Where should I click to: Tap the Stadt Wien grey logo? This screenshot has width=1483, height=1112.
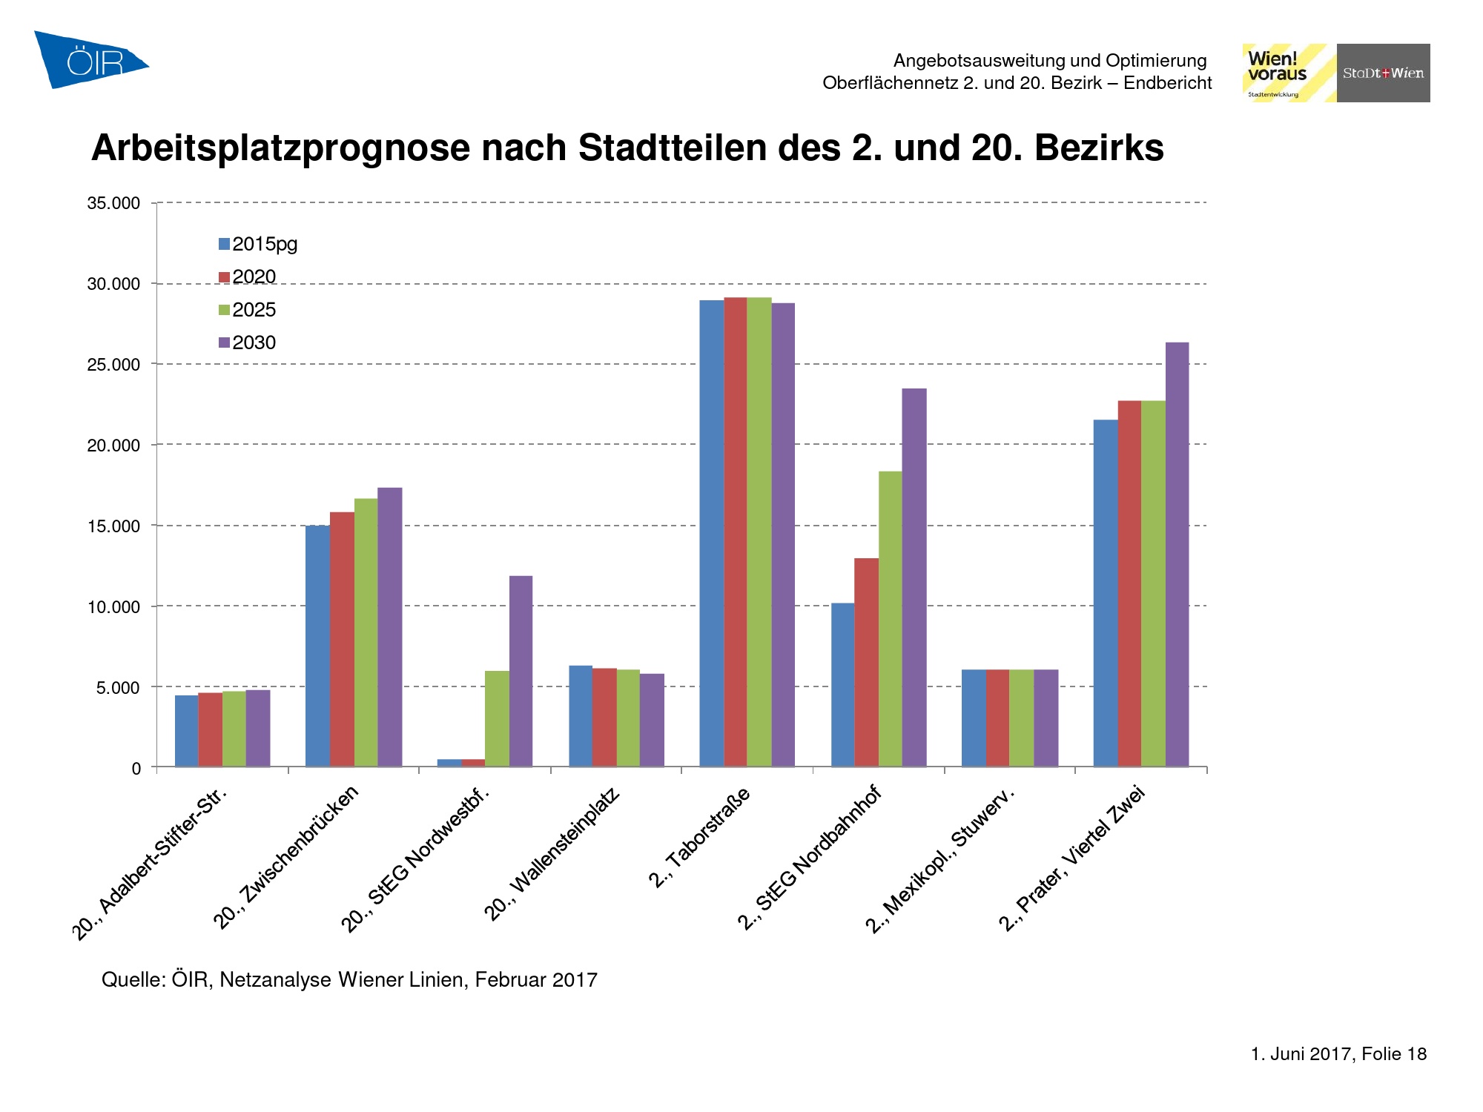[x=1383, y=73]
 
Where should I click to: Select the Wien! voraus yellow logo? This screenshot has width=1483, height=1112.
[x=1289, y=73]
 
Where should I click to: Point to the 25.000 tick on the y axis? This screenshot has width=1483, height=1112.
[x=113, y=365]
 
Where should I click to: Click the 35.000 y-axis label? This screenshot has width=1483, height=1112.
[x=113, y=203]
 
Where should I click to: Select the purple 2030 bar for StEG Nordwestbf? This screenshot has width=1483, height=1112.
[x=521, y=671]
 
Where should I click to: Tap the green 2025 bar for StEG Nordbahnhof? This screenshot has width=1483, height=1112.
[x=890, y=619]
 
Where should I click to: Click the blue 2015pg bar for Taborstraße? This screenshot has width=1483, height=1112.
[x=711, y=533]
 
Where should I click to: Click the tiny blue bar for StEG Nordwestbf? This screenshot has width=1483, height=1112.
[x=449, y=763]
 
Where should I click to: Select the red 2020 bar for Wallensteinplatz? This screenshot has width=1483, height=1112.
[x=604, y=717]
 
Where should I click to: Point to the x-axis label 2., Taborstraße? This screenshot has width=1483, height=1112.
[x=699, y=838]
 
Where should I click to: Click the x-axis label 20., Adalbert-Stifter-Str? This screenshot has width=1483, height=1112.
[x=149, y=864]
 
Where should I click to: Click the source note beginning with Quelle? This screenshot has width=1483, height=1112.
[x=349, y=980]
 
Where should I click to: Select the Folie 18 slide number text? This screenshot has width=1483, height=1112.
[x=1394, y=1054]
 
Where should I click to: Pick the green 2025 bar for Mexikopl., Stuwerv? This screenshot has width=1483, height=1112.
[x=1021, y=718]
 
